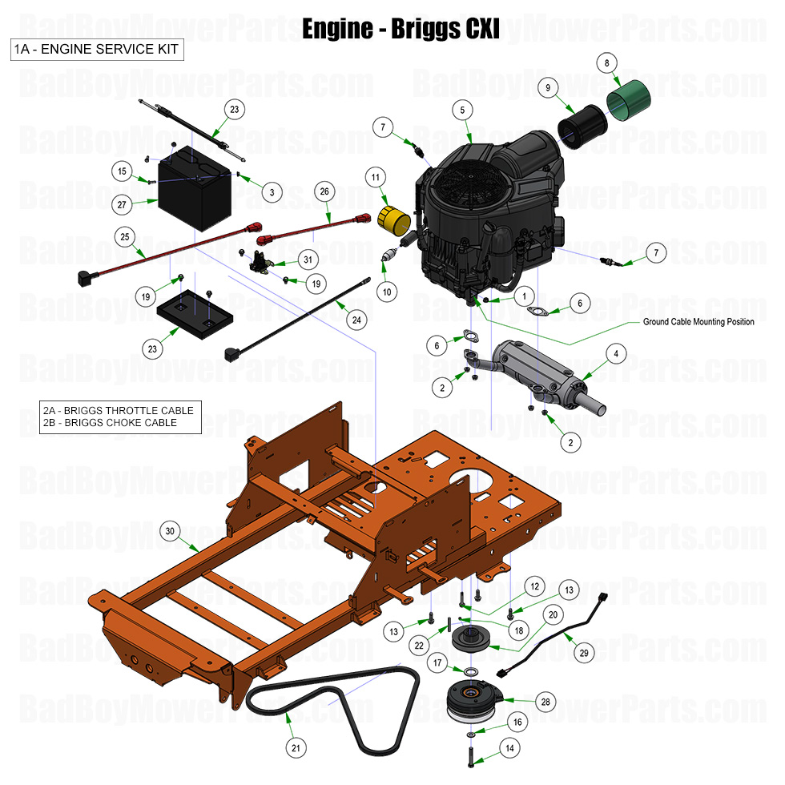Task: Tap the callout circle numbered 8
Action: point(606,62)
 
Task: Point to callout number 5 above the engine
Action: point(462,109)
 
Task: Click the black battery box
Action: point(195,192)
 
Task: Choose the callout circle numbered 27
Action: point(122,204)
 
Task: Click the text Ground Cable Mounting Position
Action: point(698,322)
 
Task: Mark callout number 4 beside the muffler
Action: point(615,352)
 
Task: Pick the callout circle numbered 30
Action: point(168,531)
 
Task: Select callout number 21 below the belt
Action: point(296,748)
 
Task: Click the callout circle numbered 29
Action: point(584,653)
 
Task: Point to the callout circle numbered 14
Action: point(509,748)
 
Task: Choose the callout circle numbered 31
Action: point(307,259)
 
